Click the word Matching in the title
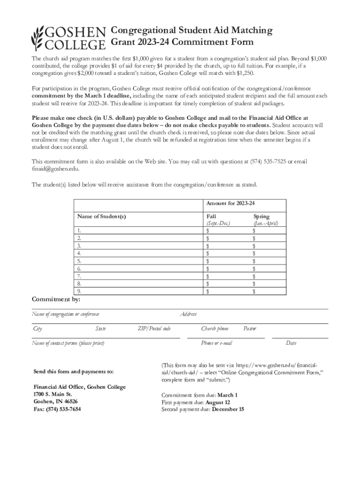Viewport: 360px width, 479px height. click(249, 30)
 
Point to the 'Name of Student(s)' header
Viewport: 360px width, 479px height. click(101, 217)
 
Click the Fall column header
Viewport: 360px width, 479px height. click(211, 217)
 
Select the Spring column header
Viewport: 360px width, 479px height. click(261, 217)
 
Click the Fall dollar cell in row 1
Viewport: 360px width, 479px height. click(227, 231)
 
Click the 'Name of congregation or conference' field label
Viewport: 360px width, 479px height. click(65, 314)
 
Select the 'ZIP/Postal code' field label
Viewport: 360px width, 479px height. click(154, 329)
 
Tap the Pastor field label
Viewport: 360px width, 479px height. click(250, 329)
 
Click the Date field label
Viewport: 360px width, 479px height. click(291, 343)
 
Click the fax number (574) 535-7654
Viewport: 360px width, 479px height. click(57, 409)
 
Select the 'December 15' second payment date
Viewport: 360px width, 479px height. click(228, 409)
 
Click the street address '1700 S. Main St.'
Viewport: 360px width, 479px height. click(52, 394)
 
